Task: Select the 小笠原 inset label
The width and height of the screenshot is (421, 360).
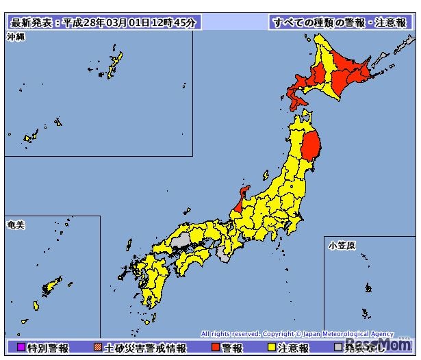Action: pyautogui.click(x=340, y=244)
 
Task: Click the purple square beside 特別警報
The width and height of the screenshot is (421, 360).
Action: pyautogui.click(x=21, y=348)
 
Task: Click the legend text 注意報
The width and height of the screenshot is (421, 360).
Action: pyautogui.click(x=294, y=348)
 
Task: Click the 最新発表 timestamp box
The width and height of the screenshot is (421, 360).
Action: pyautogui.click(x=103, y=23)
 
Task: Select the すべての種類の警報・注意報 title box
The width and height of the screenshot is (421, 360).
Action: pyautogui.click(x=339, y=23)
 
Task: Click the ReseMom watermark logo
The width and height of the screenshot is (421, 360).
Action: pyautogui.click(x=380, y=344)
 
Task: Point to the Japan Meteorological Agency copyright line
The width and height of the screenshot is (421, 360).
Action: pyautogui.click(x=298, y=333)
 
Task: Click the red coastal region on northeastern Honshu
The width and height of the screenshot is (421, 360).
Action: pyautogui.click(x=311, y=146)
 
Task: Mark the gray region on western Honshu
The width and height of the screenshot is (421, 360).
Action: pyautogui.click(x=181, y=241)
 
